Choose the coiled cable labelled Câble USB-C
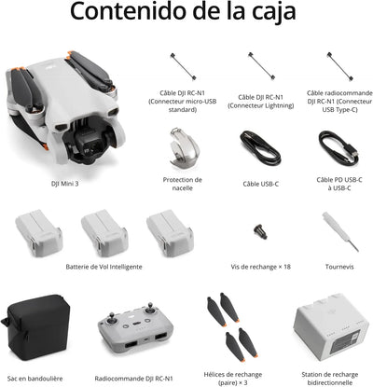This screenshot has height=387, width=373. pos(260,146)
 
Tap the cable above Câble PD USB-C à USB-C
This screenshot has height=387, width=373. pos(337,146)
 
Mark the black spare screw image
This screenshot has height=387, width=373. pos(261,229)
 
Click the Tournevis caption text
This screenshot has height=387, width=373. pos(338,267)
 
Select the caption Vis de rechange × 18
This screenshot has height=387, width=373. pos(260,267)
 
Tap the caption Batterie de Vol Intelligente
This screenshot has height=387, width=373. pos(104,267)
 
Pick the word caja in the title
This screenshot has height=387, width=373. pos(269,14)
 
